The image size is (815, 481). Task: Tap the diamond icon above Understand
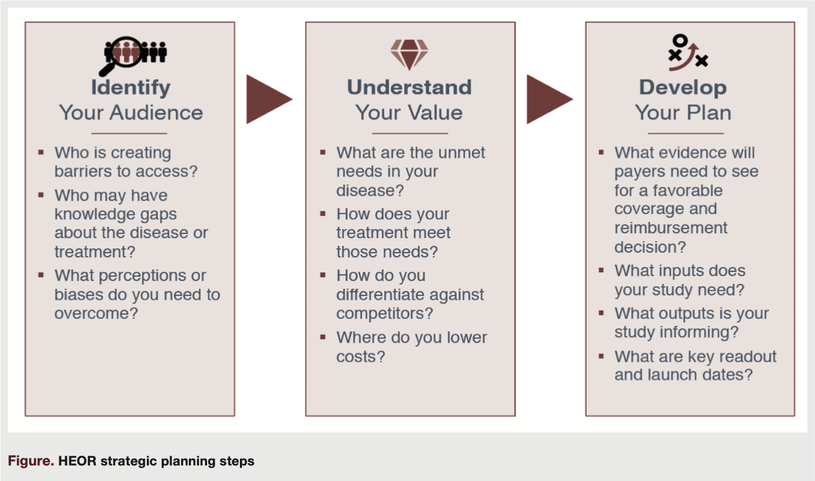click(x=409, y=54)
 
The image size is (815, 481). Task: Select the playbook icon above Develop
click(x=687, y=53)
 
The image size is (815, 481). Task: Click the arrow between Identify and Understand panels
click(x=268, y=99)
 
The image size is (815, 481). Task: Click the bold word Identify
click(x=131, y=87)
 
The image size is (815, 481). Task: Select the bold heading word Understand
click(x=409, y=87)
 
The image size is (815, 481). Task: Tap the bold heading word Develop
click(x=683, y=87)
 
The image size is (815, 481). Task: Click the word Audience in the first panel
click(x=158, y=112)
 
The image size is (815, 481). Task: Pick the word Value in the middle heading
click(x=435, y=112)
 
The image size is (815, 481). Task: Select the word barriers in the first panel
click(x=80, y=171)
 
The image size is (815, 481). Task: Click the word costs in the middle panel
click(x=360, y=356)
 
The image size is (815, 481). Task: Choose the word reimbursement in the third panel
click(x=671, y=228)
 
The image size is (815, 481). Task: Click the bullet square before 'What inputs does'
click(x=602, y=271)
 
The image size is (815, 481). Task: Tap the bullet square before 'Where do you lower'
click(x=323, y=337)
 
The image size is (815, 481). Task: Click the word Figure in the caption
click(x=30, y=462)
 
